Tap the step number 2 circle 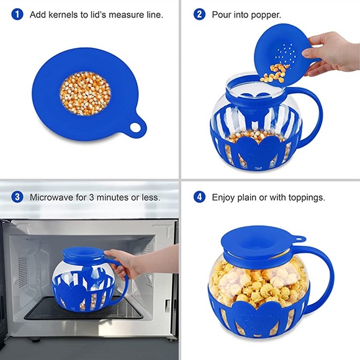(199, 14)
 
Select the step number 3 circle (18, 197)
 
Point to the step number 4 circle (199, 197)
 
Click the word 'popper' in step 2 (266, 14)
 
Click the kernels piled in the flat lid (86, 93)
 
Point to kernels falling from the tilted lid (273, 76)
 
